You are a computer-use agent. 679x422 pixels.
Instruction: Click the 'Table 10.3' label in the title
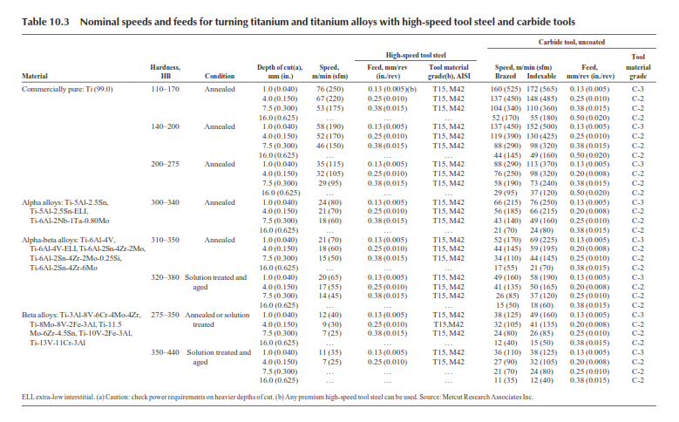[x=45, y=22]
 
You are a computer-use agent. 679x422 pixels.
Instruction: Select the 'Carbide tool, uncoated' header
[x=571, y=42]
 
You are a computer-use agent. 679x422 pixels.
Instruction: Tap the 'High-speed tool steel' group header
[x=416, y=55]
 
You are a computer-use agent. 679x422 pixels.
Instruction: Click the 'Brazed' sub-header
[x=506, y=76]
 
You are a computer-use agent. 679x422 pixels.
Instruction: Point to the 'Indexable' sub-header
[x=541, y=76]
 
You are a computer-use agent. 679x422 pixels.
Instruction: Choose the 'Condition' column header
[x=220, y=76]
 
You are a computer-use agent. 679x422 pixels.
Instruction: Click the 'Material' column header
[x=35, y=76]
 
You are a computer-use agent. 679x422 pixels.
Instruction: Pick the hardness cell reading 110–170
[x=165, y=89]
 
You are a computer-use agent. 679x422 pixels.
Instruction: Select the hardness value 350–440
[x=165, y=352]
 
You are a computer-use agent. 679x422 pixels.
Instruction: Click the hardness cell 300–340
[x=165, y=202]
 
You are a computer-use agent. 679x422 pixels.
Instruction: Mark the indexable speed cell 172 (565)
[x=542, y=89]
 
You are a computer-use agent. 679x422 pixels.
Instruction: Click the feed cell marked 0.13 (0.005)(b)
[x=392, y=89]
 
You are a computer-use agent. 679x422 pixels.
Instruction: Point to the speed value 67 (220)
[x=330, y=99]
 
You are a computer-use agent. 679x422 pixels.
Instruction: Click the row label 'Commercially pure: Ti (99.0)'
[x=67, y=89]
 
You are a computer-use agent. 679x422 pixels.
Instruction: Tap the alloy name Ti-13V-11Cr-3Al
[x=58, y=343]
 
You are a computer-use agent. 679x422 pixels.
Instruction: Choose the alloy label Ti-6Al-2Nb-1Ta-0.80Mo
[x=69, y=221]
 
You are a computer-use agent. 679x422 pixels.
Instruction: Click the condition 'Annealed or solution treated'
[x=217, y=320]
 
